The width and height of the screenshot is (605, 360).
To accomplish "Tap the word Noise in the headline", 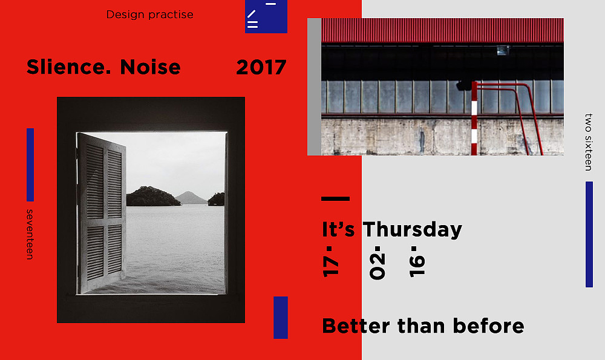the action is [150, 67].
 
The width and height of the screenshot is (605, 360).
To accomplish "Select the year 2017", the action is [261, 68].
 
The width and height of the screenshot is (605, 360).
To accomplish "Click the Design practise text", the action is [149, 15].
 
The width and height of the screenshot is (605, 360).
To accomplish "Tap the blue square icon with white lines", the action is [266, 16].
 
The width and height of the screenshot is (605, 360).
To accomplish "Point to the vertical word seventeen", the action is [30, 234].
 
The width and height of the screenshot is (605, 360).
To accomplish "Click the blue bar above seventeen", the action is [30, 165].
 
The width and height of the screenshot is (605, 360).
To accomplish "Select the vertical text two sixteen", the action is [589, 142].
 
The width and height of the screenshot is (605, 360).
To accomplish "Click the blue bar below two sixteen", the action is [589, 235].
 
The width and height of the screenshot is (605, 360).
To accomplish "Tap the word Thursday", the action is [413, 229].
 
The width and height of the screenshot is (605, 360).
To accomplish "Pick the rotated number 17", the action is [331, 261].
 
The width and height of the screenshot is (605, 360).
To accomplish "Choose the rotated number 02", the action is [378, 263].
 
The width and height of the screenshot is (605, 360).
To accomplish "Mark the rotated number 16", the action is [417, 261].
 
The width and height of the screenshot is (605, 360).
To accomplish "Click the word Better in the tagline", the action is [356, 326].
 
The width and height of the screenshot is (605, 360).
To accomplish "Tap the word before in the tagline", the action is [488, 326].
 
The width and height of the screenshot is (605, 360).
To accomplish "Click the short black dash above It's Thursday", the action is [336, 198].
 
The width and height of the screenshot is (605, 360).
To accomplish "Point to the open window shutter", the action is [102, 212].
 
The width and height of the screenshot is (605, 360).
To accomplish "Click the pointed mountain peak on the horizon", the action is [188, 192].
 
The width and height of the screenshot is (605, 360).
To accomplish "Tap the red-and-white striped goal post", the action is [474, 118].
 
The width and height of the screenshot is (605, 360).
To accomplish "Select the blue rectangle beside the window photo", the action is [281, 318].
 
